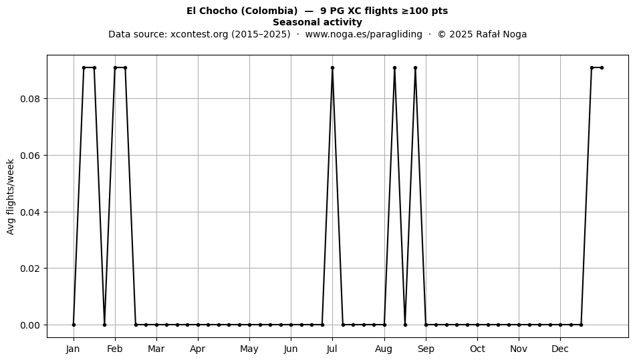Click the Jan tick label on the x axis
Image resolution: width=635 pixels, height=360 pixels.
(x=74, y=349)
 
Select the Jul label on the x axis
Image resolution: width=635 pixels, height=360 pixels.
(x=332, y=349)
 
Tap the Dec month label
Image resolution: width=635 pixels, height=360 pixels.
(x=560, y=349)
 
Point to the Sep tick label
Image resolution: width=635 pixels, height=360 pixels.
(x=426, y=349)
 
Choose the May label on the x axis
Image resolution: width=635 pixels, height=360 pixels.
(x=249, y=349)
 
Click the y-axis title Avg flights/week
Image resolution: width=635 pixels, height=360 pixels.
(x=11, y=196)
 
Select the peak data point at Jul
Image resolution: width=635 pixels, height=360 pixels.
(x=332, y=67)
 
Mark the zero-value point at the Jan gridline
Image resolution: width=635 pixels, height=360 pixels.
(x=74, y=325)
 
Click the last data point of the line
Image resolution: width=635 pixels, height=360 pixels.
(x=602, y=67)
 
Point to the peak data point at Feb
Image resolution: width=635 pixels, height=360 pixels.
(x=115, y=67)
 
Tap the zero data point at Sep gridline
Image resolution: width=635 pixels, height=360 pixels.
(x=426, y=325)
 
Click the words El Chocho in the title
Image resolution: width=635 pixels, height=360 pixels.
(x=212, y=11)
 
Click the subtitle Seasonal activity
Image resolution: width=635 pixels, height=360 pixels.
(x=317, y=22)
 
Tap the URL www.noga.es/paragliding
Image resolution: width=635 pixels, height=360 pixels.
(x=364, y=34)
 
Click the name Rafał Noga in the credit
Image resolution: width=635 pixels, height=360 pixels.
(x=501, y=34)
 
